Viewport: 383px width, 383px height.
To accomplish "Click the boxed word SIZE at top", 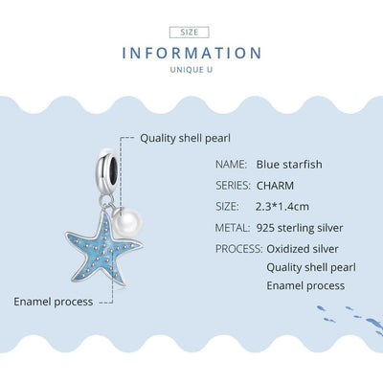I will (x=191, y=32).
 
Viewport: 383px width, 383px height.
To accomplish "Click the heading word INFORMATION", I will (x=191, y=54).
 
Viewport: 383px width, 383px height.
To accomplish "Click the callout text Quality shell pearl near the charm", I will (x=186, y=137).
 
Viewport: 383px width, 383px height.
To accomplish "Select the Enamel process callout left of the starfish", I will (x=54, y=301).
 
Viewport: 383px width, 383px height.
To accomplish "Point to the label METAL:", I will (x=234, y=227).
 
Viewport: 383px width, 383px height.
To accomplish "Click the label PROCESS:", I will (x=239, y=249).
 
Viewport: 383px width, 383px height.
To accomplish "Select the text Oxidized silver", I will (x=303, y=249).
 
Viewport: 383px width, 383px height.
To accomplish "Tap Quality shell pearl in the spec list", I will (x=311, y=267).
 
